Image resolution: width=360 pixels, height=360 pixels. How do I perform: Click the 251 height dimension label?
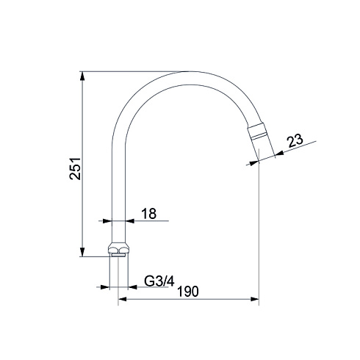(75, 169)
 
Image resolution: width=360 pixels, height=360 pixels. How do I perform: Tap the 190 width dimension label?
(188, 292)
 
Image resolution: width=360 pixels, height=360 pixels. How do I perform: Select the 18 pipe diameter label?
(149, 214)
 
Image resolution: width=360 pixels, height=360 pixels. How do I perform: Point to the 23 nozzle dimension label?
(295, 140)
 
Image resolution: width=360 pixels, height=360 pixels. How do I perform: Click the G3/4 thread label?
(159, 281)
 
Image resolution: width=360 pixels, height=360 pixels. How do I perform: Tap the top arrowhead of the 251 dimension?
(82, 76)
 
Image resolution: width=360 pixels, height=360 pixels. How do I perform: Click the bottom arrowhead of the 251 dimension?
(82, 252)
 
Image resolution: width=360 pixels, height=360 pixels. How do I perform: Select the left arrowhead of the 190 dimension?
(122, 299)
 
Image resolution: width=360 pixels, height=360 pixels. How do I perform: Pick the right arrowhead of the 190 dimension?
(255, 299)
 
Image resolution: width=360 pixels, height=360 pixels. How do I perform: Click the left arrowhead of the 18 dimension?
(107, 221)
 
